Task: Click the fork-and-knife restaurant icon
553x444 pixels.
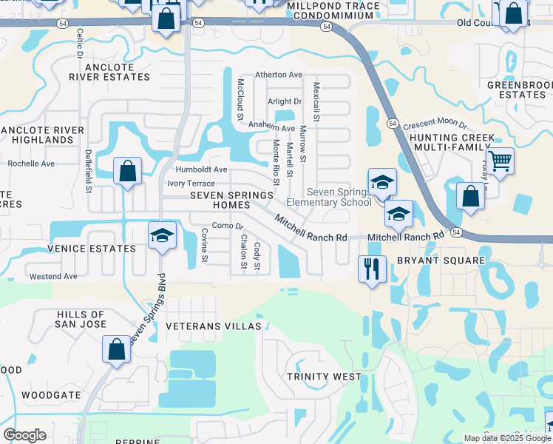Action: pyautogui.click(x=372, y=269)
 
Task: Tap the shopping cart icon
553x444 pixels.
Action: pyautogui.click(x=501, y=159)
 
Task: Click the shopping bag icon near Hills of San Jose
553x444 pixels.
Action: pyautogui.click(x=117, y=351)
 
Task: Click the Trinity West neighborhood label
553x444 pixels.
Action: pyautogui.click(x=325, y=377)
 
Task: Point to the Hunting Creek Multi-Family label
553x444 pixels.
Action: pyautogui.click(x=450, y=143)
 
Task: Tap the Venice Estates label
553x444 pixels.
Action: pyautogui.click(x=92, y=249)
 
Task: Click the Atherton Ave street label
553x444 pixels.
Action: pyautogui.click(x=279, y=75)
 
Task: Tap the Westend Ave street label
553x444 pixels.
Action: pyautogui.click(x=53, y=276)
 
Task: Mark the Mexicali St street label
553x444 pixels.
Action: pyautogui.click(x=316, y=102)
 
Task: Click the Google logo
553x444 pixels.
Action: pyautogui.click(x=24, y=435)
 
